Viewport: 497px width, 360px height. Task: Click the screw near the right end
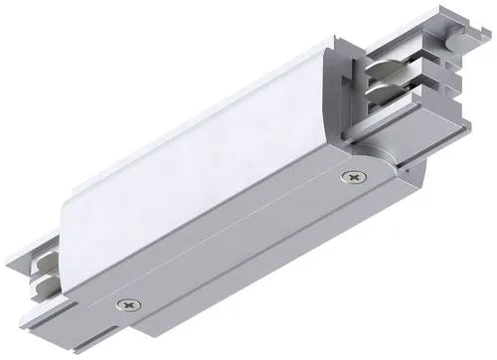(x=352, y=177)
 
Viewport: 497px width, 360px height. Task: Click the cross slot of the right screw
(x=352, y=177)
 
